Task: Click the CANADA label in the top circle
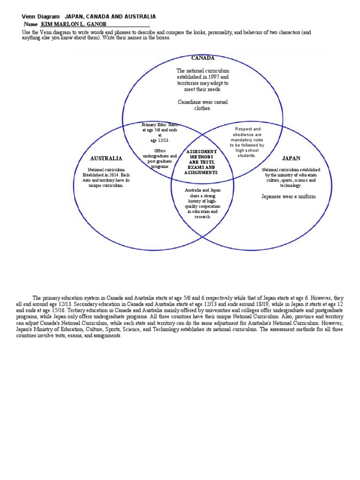(x=202, y=58)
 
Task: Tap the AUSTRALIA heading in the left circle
(x=106, y=158)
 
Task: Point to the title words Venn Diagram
(x=41, y=16)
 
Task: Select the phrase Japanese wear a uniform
(x=289, y=196)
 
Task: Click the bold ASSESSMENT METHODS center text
(x=202, y=154)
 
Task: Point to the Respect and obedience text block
(x=247, y=142)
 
